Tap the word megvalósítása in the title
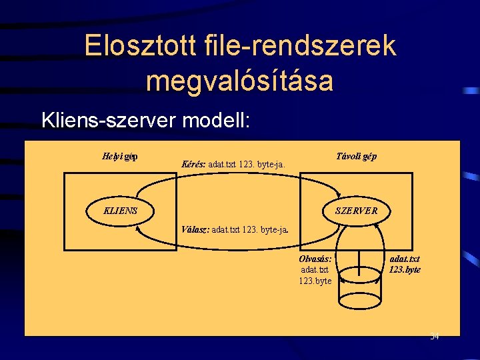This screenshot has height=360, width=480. click(x=239, y=81)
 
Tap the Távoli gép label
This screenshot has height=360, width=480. click(x=357, y=156)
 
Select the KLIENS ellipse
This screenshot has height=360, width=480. click(x=121, y=211)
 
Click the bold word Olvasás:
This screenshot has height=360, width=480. click(x=316, y=259)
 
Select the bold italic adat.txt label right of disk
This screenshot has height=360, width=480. click(x=405, y=259)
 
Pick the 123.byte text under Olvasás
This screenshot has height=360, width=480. click(x=315, y=281)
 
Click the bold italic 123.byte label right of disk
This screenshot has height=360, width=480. click(x=405, y=270)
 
